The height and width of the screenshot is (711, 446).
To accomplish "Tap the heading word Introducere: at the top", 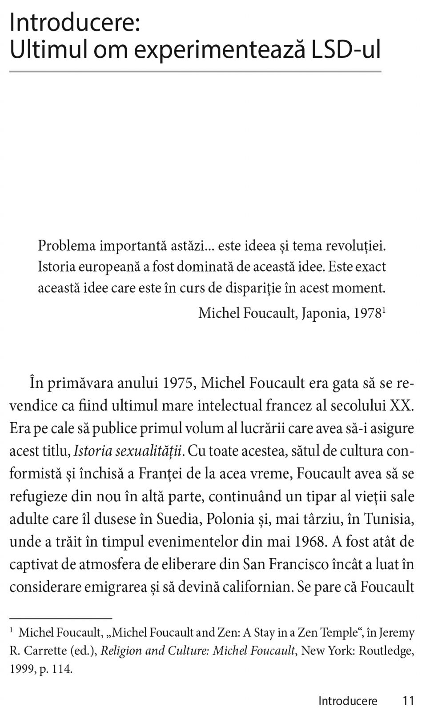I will pos(75,22).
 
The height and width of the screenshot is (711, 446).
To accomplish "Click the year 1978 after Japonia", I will pos(366,313).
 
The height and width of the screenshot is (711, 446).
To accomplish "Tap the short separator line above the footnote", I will pos(60,618).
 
